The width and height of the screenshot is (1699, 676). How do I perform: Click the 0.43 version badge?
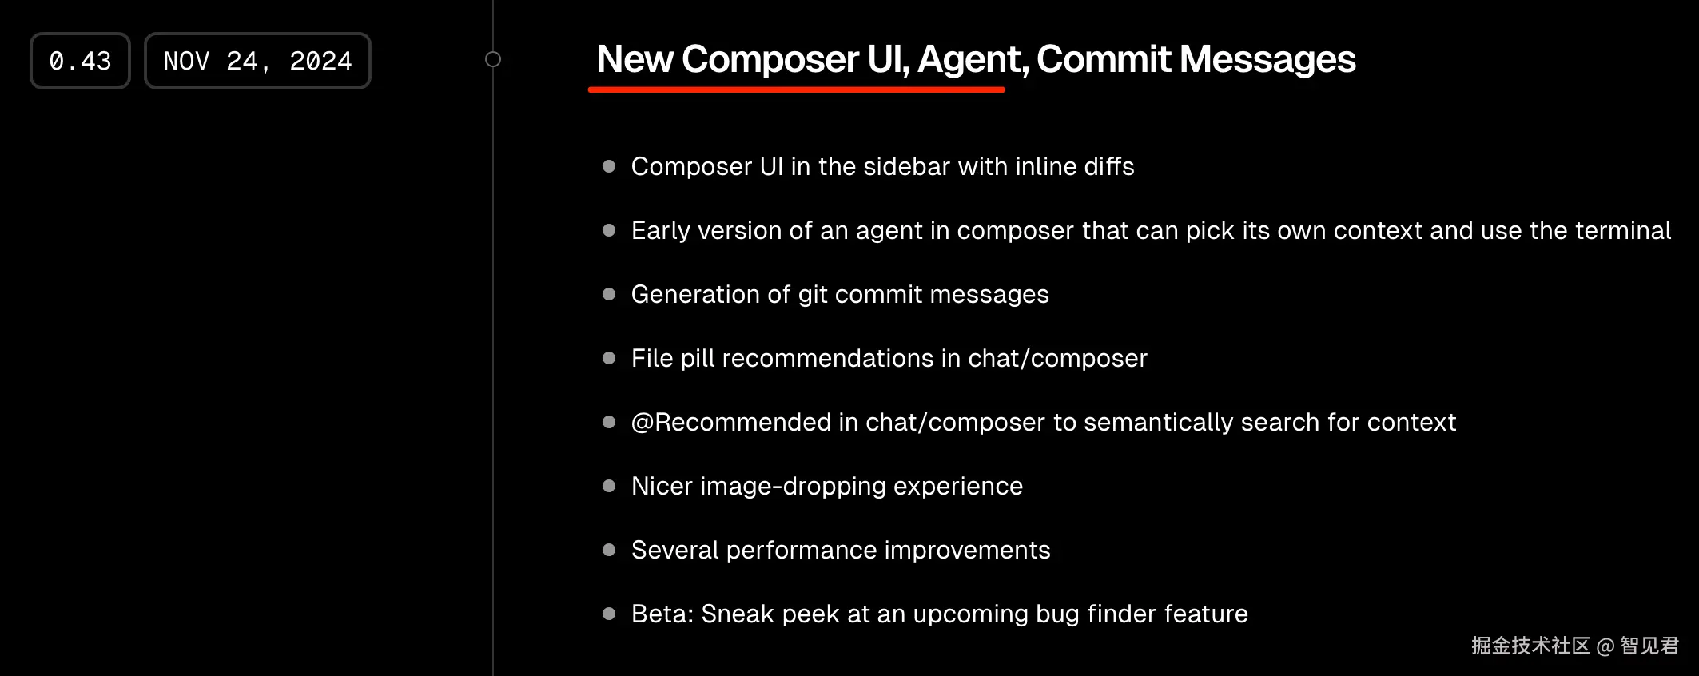point(80,61)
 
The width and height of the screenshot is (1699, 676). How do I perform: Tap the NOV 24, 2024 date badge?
point(257,61)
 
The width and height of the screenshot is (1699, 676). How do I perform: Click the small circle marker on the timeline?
point(493,59)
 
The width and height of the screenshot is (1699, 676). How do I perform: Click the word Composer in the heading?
point(770,59)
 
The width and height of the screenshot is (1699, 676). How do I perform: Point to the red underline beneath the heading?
point(797,89)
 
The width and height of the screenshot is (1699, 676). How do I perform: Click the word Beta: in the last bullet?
point(662,614)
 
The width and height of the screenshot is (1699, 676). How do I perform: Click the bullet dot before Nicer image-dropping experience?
point(609,486)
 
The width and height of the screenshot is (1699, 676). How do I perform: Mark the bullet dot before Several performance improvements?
point(609,550)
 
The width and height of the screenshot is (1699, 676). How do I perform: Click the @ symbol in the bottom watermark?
point(1605,646)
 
